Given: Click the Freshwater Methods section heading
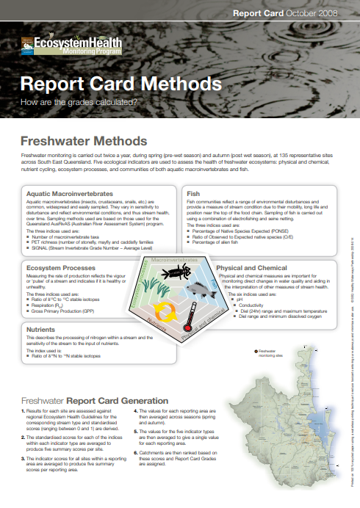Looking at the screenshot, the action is pos(84,140).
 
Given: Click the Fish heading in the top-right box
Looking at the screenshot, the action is pos(193,193).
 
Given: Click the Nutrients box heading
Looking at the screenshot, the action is pos(40,330).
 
